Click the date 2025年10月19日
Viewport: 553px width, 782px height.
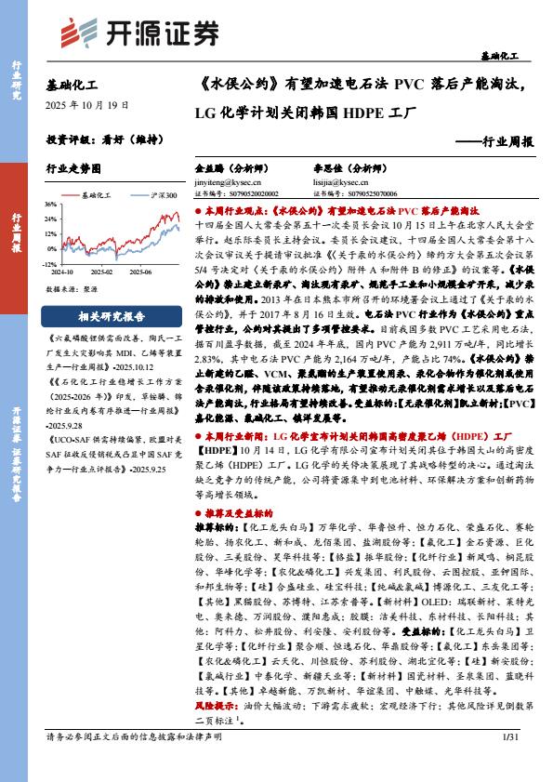(87, 106)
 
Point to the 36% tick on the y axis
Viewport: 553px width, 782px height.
(51, 204)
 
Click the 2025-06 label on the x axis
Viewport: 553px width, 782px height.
(141, 272)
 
